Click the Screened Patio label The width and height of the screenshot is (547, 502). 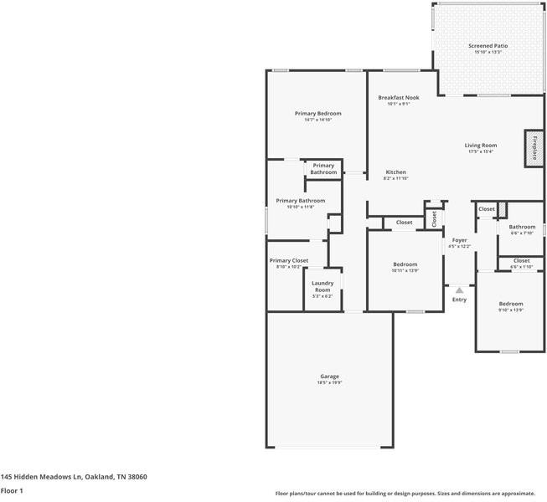tap(488, 46)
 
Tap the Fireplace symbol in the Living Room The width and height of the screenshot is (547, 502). tap(531, 148)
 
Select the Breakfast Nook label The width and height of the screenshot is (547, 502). tap(398, 97)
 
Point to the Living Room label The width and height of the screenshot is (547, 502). tap(481, 146)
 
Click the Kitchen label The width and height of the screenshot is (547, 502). tap(395, 172)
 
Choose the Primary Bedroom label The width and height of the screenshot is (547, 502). tap(317, 113)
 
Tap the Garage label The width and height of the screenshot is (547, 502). tap(329, 376)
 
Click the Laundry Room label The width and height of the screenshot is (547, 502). tap(323, 286)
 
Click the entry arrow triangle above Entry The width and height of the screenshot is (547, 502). tap(459, 289)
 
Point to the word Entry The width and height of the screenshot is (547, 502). tap(459, 300)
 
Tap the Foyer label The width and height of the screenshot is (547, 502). tap(459, 240)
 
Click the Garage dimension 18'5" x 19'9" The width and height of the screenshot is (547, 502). tap(329, 383)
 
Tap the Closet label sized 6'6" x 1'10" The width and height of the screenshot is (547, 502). tap(521, 267)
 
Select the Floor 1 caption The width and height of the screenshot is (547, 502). tap(12, 490)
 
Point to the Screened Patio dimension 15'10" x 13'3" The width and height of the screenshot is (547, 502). tap(488, 53)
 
